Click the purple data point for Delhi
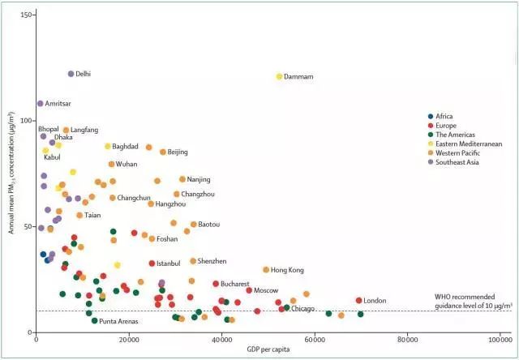click(x=71, y=74)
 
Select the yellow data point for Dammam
click(x=280, y=76)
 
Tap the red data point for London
click(x=358, y=301)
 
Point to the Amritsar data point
click(x=40, y=104)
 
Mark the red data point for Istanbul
click(x=152, y=264)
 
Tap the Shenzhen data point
click(x=193, y=261)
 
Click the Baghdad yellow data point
click(x=107, y=146)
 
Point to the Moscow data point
click(x=249, y=290)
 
